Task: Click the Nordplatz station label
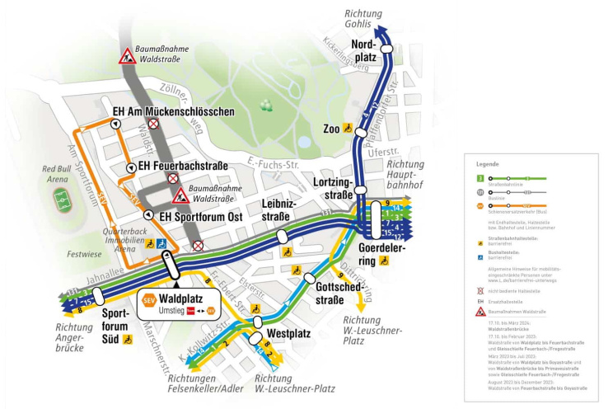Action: click(x=363, y=50)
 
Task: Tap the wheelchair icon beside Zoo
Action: click(x=349, y=129)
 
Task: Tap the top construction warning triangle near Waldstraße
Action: click(x=129, y=57)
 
